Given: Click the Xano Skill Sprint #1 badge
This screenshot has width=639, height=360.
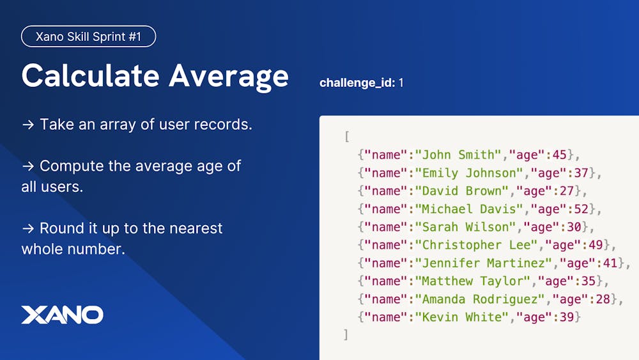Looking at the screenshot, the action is [x=88, y=36].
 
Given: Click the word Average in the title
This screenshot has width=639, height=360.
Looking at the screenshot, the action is [x=229, y=77].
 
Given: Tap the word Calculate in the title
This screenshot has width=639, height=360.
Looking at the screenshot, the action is [x=90, y=75].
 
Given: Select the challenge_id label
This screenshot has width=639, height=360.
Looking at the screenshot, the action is [x=357, y=82].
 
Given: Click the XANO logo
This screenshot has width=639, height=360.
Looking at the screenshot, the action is [x=63, y=315].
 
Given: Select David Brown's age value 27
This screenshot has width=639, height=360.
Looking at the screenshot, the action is [x=566, y=191].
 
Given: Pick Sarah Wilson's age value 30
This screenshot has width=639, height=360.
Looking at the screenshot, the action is [x=574, y=227].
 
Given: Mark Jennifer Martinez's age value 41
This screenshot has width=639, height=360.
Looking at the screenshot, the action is [x=610, y=263].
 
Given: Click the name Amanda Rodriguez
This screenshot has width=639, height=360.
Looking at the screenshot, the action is [x=483, y=299].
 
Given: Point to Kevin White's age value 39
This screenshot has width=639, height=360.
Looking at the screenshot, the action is [x=566, y=317].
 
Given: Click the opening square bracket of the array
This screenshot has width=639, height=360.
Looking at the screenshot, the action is [x=347, y=137].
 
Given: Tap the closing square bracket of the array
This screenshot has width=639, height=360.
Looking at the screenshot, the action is [x=346, y=334].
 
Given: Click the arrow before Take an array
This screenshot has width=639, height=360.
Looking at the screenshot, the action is [x=28, y=124].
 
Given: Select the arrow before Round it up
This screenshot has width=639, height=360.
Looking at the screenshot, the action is [x=28, y=228].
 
